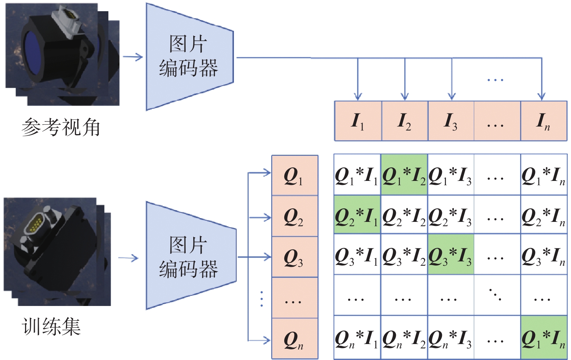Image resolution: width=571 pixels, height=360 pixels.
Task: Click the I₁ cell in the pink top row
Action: (358, 121)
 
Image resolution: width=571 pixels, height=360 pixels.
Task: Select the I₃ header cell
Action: (451, 121)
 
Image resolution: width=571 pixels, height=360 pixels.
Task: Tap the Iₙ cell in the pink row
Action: (544, 121)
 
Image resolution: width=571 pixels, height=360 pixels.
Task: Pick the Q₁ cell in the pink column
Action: (295, 175)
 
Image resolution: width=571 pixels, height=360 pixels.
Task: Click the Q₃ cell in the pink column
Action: (295, 257)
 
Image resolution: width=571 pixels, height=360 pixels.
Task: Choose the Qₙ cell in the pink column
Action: (295, 339)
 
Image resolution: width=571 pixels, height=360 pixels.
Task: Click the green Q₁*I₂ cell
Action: (404, 175)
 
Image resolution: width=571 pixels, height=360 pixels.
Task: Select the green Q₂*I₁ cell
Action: (357, 214)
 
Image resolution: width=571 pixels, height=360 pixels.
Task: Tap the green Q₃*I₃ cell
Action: (451, 254)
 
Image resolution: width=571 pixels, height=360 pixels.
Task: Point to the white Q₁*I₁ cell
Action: (357, 175)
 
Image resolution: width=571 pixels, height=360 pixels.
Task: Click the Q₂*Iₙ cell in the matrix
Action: (544, 214)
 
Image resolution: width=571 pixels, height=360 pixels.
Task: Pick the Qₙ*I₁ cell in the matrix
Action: (357, 337)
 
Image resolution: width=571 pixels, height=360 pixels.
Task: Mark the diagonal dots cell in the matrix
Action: (497, 295)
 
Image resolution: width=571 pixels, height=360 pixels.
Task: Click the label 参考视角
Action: (61, 127)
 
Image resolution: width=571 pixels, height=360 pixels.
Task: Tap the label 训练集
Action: (51, 327)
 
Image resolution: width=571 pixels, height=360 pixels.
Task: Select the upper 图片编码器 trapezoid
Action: (190, 57)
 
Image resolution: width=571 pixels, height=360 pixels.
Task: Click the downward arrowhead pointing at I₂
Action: (405, 96)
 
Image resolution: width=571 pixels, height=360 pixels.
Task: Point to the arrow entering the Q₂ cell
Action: (260, 218)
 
